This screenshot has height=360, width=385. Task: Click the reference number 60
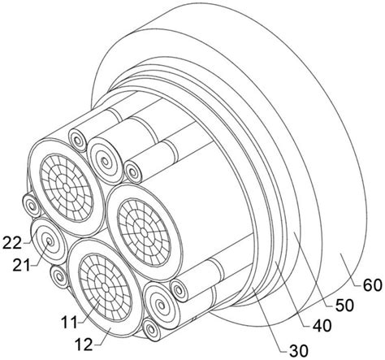(372, 286)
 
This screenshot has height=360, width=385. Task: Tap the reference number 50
(344, 306)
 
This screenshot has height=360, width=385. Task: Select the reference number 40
(322, 326)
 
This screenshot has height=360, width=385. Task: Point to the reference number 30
(299, 351)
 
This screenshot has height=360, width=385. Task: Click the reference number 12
(83, 345)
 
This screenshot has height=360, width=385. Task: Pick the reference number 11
(70, 323)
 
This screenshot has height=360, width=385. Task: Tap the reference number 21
(21, 266)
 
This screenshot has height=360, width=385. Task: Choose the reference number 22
(11, 243)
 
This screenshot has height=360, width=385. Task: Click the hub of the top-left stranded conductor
(66, 187)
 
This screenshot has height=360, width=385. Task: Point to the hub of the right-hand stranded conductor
(144, 232)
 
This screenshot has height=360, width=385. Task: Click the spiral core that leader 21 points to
(49, 241)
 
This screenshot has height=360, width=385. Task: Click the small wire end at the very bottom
(151, 329)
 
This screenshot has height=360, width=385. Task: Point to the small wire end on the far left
(32, 206)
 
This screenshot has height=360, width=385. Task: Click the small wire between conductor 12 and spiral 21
(59, 277)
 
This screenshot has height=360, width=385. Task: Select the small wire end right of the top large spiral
(133, 171)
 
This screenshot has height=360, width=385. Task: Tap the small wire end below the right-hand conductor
(180, 291)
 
